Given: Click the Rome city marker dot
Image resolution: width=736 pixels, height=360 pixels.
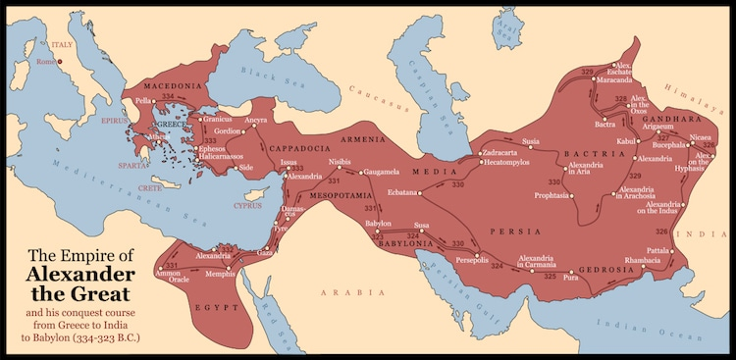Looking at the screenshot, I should (58, 62).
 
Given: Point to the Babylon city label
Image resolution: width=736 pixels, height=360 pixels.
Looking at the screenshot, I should (377, 224).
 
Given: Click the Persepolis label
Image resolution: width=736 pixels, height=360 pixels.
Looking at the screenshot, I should (476, 260).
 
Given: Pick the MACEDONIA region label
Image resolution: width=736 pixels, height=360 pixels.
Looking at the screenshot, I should (173, 86).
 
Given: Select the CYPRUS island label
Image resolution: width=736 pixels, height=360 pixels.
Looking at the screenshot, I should (247, 206).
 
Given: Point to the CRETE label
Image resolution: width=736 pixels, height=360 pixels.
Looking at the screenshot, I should (149, 187).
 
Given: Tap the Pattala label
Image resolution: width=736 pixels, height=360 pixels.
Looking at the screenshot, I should (657, 251).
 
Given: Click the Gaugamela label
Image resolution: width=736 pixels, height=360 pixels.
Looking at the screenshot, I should (382, 172).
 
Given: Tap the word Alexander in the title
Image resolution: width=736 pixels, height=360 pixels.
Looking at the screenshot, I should (80, 276).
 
